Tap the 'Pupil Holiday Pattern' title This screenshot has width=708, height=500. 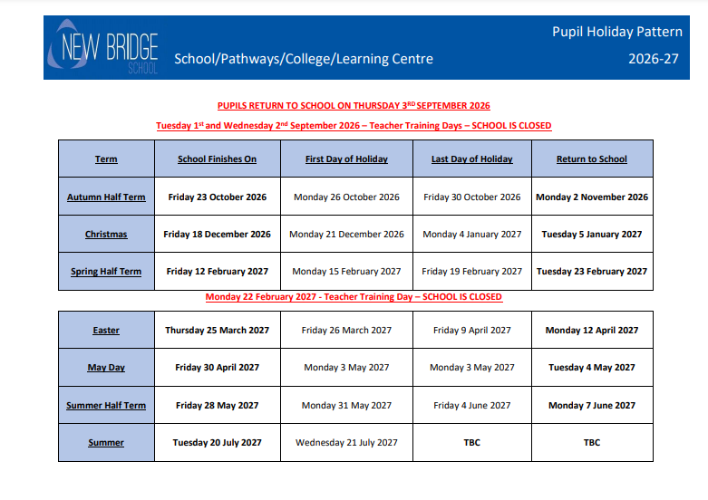click(x=616, y=32)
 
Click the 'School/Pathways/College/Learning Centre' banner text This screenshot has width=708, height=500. click(x=304, y=59)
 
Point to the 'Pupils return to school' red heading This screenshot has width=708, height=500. click(x=354, y=106)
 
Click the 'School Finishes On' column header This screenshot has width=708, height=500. click(x=217, y=159)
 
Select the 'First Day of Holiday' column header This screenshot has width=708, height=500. click(x=346, y=159)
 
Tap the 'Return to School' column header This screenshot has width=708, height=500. click(x=591, y=159)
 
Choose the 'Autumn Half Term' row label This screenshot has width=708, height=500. click(x=106, y=197)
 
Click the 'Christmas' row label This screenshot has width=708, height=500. click(x=106, y=235)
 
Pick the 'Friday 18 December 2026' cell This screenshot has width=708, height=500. click(x=217, y=235)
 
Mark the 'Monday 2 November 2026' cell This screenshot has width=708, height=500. click(x=591, y=197)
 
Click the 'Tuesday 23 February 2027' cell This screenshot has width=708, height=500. click(x=591, y=272)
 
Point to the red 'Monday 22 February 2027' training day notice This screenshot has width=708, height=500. click(x=354, y=297)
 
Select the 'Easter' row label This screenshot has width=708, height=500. click(x=106, y=331)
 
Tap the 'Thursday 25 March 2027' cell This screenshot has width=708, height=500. click(x=217, y=331)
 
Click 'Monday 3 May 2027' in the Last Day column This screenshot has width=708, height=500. click(x=471, y=368)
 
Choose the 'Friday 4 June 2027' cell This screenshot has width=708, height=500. click(x=471, y=406)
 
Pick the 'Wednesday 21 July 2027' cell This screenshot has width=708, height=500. click(x=346, y=443)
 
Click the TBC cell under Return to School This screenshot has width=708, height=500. click(x=591, y=443)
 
